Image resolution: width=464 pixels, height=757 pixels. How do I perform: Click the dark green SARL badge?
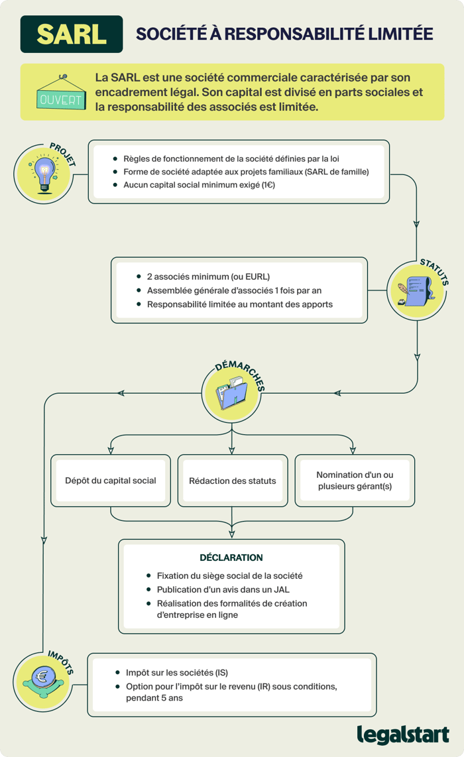click(72, 34)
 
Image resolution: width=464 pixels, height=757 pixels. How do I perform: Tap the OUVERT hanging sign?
click(61, 98)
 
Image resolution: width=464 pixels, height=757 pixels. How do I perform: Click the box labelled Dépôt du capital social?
click(111, 481)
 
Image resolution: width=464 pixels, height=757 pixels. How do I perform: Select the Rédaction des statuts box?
click(232, 481)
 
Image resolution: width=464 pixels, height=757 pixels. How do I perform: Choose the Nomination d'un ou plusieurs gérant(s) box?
click(355, 481)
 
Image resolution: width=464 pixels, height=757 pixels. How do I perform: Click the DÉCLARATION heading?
click(231, 557)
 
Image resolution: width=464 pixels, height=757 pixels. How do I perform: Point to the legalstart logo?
click(402, 734)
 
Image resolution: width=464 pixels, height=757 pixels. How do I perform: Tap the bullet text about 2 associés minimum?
click(208, 276)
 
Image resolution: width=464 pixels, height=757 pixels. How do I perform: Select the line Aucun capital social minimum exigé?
click(199, 185)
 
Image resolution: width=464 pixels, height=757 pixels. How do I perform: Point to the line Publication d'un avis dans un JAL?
click(223, 589)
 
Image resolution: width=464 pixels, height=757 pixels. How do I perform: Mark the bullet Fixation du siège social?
click(229, 576)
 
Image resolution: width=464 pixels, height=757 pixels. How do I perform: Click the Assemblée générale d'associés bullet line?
click(235, 290)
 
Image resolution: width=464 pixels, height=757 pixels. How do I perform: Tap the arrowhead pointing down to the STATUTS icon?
click(416, 225)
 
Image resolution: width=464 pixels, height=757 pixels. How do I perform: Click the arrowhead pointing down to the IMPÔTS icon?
click(44, 538)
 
